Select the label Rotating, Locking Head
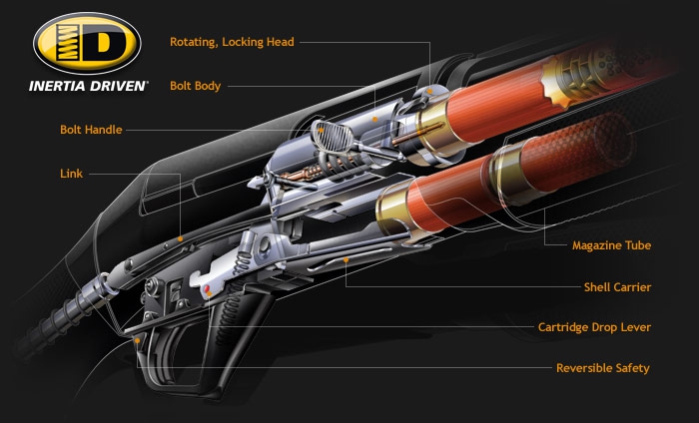pos(232,42)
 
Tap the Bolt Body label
pos(199,86)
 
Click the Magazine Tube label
pos(611,244)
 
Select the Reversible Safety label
pos(602,368)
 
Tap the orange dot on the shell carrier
pos(345,259)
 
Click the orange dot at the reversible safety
pos(137,340)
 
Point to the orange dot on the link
pos(181,239)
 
